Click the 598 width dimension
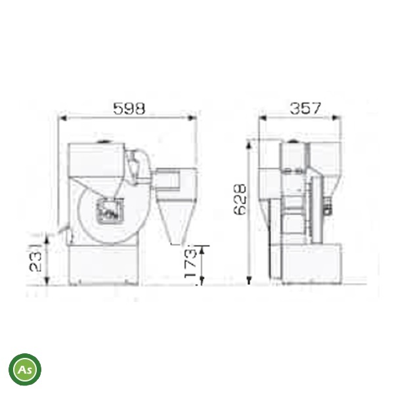(x=129, y=108)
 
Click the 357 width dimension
(x=305, y=108)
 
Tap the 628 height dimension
(x=240, y=200)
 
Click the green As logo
(x=25, y=369)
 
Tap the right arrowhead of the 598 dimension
(x=193, y=118)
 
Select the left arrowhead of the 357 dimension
(x=263, y=118)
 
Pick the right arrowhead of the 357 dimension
(x=336, y=118)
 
